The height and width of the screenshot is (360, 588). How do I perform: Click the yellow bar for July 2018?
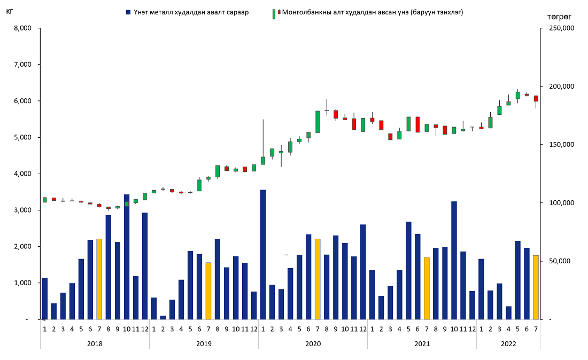click(x=99, y=279)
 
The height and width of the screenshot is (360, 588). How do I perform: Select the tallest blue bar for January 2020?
click(x=263, y=254)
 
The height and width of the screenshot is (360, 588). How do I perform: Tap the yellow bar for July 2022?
click(x=536, y=287)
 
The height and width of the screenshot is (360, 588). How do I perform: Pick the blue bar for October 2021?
click(x=454, y=260)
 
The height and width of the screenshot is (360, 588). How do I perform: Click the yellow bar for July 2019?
click(x=208, y=291)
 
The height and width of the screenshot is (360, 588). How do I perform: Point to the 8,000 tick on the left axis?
click(x=22, y=28)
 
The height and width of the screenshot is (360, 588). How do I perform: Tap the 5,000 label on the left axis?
click(x=22, y=137)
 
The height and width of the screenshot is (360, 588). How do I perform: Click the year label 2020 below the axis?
click(x=313, y=344)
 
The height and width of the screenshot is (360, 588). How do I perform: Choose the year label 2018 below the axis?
click(x=95, y=344)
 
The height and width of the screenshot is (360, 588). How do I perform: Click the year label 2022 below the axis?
click(x=508, y=344)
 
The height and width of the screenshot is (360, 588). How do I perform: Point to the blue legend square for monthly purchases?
click(x=128, y=12)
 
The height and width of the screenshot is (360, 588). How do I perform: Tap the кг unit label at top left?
click(x=9, y=11)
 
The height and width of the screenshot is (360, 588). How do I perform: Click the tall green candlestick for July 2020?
click(x=318, y=122)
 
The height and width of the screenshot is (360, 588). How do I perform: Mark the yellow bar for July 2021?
click(x=427, y=288)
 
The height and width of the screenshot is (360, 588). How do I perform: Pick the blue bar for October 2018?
click(x=127, y=256)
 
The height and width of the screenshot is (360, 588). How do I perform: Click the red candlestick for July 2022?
click(x=536, y=98)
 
